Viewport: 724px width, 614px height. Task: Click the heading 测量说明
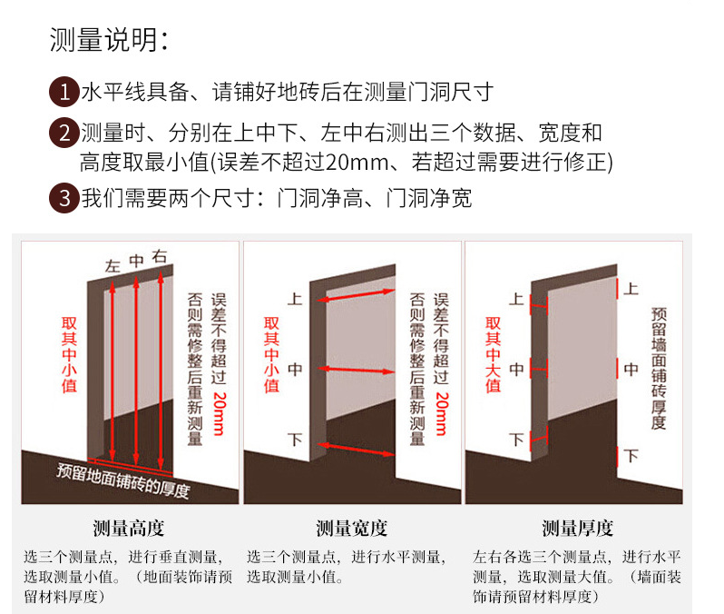tap(109, 40)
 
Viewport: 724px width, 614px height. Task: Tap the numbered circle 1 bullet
tap(63, 91)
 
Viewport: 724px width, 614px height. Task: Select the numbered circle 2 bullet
tap(63, 134)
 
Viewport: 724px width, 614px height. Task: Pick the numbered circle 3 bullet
tap(63, 198)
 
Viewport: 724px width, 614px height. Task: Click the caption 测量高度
tap(129, 529)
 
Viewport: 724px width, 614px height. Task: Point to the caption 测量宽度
tap(352, 529)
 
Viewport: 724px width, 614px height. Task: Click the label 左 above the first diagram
tap(113, 267)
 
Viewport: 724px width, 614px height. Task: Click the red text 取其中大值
tap(493, 354)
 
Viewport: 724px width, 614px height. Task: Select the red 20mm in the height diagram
tap(218, 413)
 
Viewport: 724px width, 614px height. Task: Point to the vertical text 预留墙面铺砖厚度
tap(659, 368)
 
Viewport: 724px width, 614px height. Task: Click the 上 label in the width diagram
tap(295, 298)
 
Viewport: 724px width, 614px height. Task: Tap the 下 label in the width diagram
tap(295, 440)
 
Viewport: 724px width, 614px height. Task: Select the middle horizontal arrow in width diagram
tap(356, 369)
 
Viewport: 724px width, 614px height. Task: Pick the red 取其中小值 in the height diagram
tap(69, 354)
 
